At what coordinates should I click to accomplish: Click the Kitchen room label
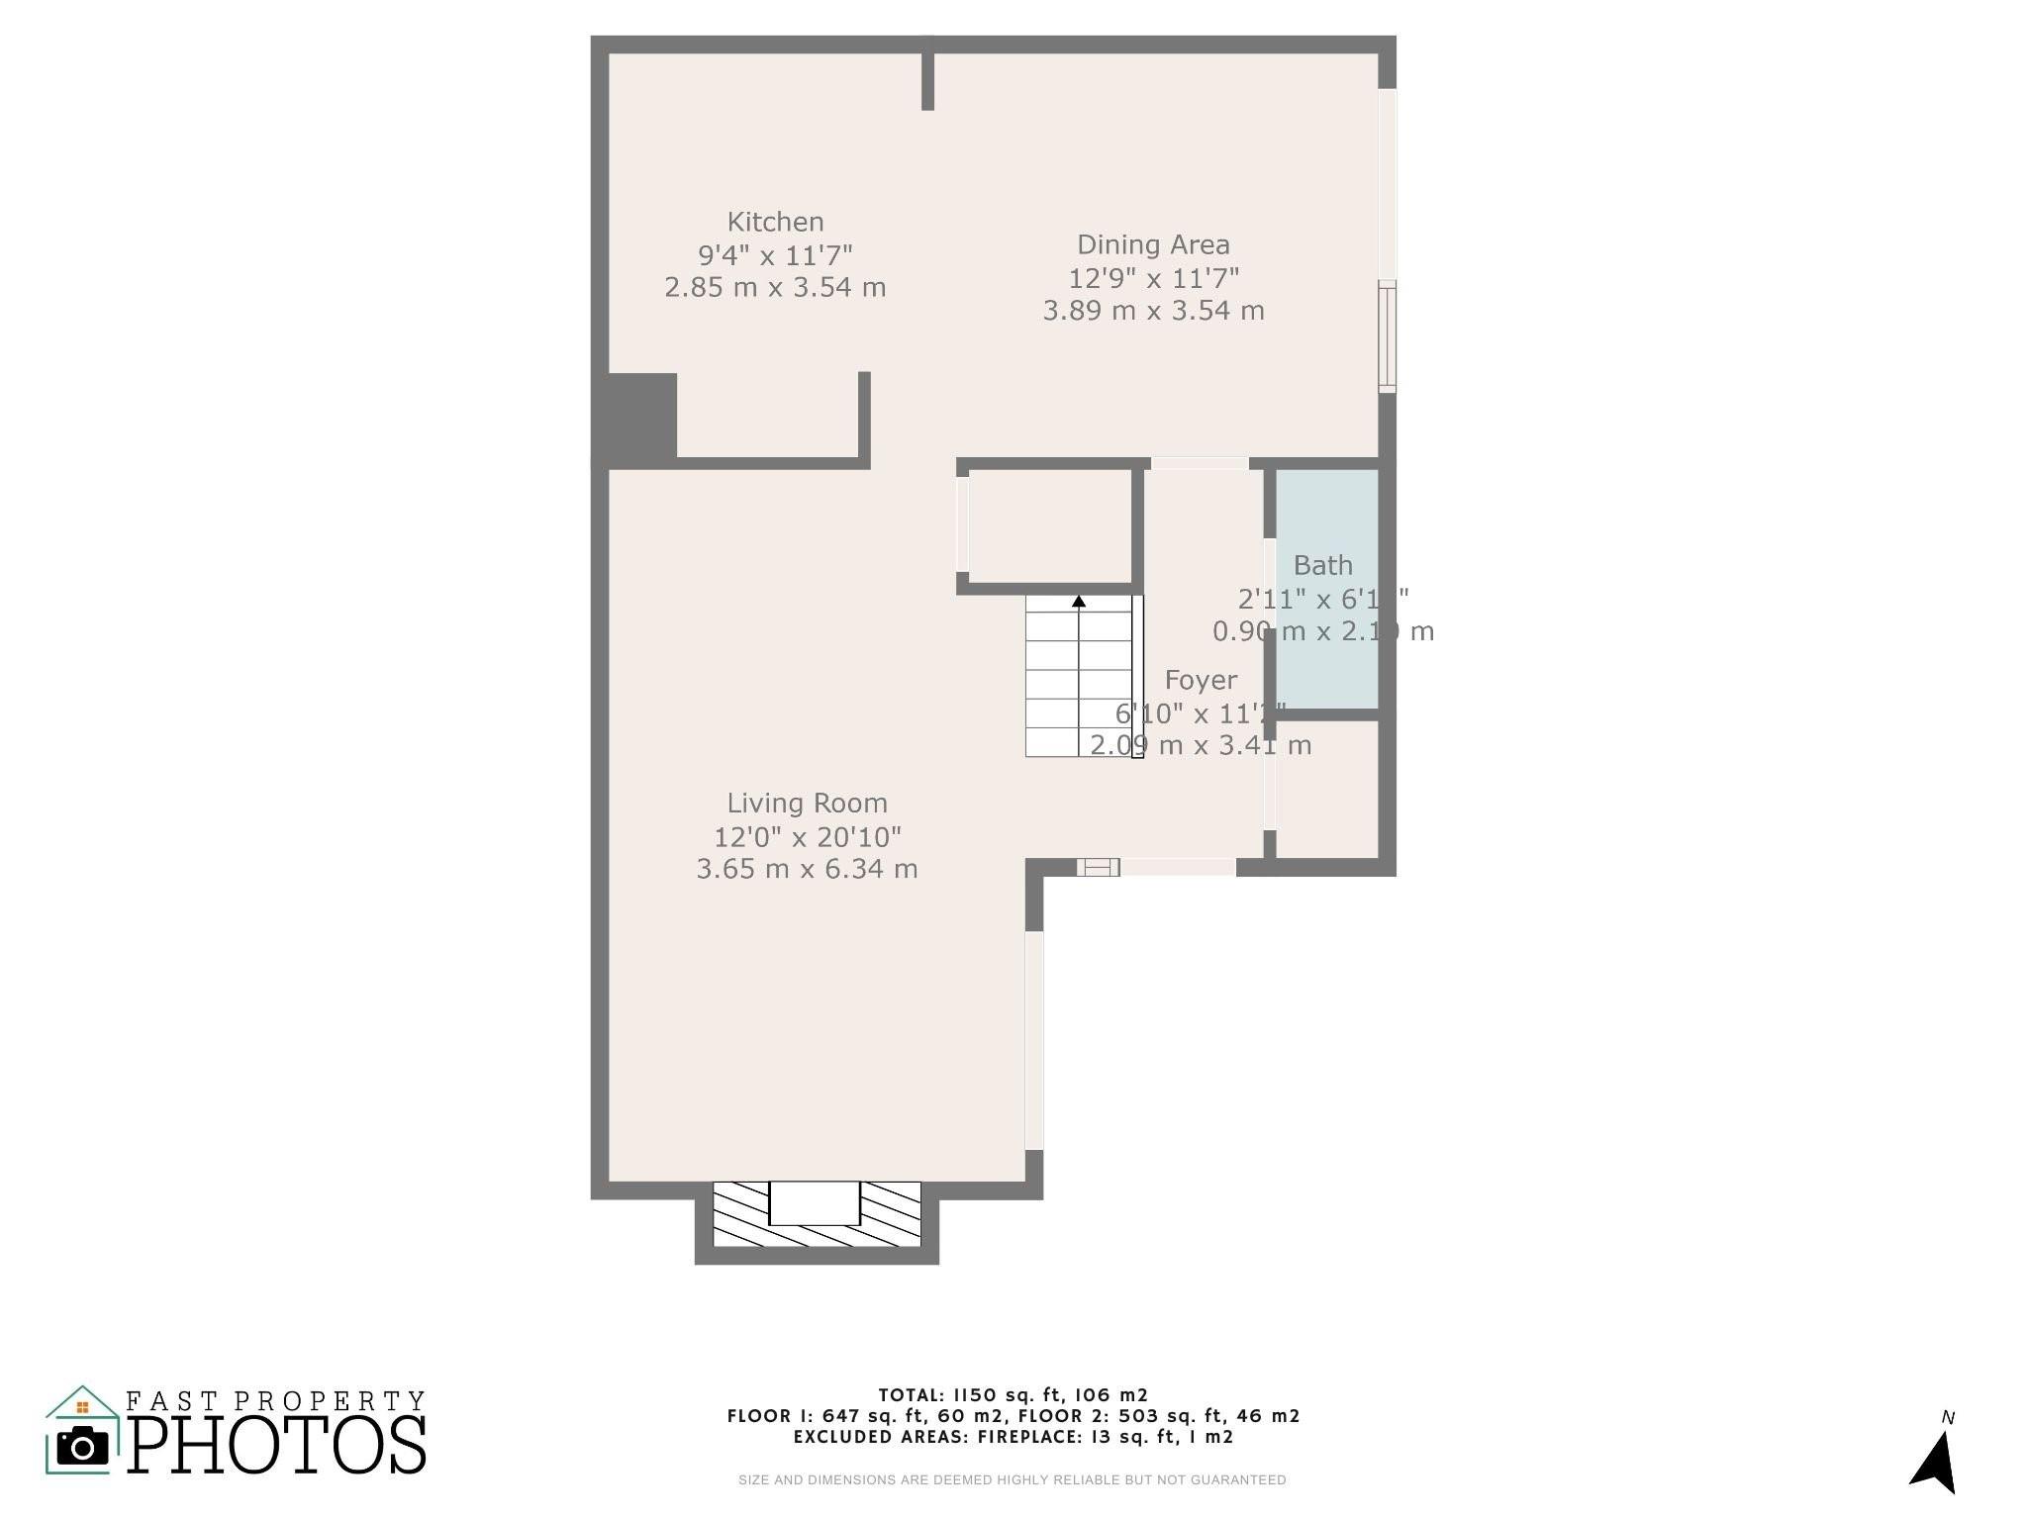click(x=775, y=222)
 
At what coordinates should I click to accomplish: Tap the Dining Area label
click(x=1153, y=244)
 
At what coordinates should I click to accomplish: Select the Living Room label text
click(x=807, y=803)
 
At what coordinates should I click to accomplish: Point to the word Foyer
click(x=1201, y=680)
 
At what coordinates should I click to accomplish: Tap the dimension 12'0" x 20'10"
click(x=807, y=837)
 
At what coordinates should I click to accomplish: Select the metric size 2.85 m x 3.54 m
click(x=775, y=288)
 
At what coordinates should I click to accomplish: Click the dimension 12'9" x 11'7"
click(x=1153, y=278)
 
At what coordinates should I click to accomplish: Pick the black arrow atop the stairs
click(x=1079, y=601)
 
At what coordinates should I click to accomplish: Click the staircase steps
click(x=1077, y=683)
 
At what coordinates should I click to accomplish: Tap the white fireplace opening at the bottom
click(x=815, y=1202)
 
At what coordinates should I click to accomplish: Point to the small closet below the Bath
click(x=1326, y=789)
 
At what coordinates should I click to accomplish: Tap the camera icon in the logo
click(x=83, y=1448)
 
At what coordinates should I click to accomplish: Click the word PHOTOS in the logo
click(x=277, y=1446)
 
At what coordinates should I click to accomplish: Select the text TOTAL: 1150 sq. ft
click(x=1013, y=1395)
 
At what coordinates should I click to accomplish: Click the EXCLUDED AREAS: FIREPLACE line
click(x=1013, y=1437)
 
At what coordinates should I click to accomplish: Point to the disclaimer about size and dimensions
click(x=1012, y=1480)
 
